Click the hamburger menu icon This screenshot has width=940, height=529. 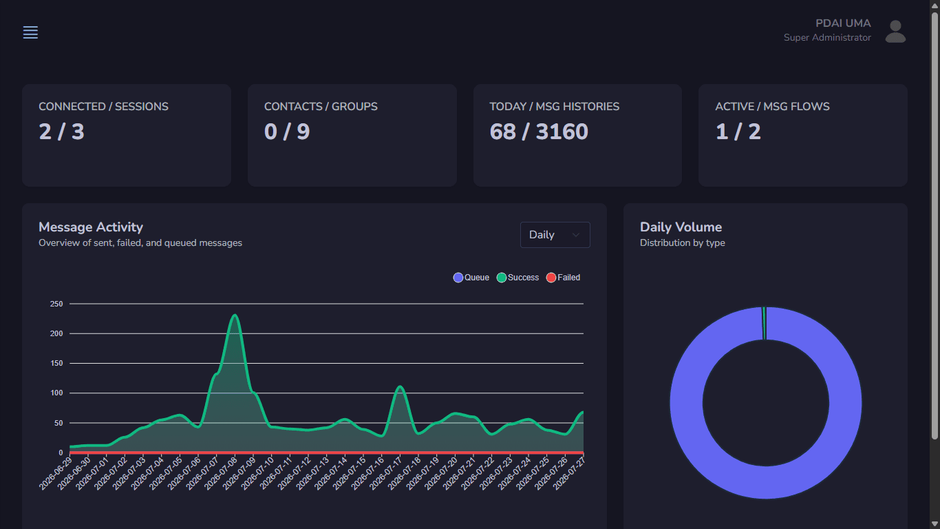tap(30, 32)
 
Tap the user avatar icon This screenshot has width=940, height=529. tap(895, 32)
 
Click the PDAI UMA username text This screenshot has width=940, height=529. tap(843, 23)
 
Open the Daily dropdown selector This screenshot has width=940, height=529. tap(555, 235)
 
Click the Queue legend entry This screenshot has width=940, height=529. tap(471, 278)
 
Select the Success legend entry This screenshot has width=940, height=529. tap(517, 278)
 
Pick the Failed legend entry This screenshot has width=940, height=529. tap(563, 278)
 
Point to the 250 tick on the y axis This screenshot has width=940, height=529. tap(56, 304)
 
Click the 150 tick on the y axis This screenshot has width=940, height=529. tap(56, 363)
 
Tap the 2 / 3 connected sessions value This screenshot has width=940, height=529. tap(62, 132)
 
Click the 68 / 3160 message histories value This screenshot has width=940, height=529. tap(539, 132)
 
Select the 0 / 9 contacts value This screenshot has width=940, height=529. tap(287, 132)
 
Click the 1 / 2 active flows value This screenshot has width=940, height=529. tap(738, 132)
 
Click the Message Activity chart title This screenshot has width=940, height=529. tap(91, 227)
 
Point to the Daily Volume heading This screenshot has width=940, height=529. tap(681, 227)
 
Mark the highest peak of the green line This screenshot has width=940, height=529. tap(235, 315)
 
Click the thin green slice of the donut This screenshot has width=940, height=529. tap(764, 323)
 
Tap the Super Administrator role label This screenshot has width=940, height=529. tap(827, 37)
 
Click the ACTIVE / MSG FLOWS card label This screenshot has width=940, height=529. tap(772, 106)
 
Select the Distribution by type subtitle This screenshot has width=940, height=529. tap(683, 243)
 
